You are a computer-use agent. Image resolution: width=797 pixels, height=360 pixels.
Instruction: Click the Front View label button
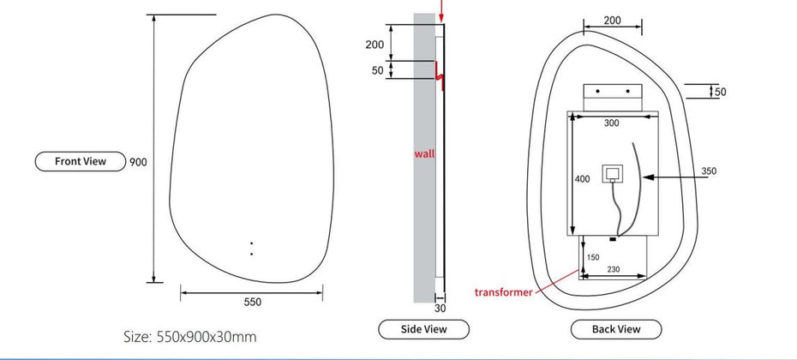pyautogui.click(x=81, y=161)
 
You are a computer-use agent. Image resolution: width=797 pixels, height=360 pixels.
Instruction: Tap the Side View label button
pyautogui.click(x=423, y=329)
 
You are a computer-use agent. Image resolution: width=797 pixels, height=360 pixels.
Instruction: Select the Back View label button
pyautogui.click(x=616, y=329)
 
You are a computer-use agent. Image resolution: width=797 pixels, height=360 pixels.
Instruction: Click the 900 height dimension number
pyautogui.click(x=138, y=162)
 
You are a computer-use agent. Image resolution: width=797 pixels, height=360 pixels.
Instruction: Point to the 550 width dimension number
pyautogui.click(x=252, y=302)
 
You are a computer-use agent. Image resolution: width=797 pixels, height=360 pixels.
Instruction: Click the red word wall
pyautogui.click(x=424, y=153)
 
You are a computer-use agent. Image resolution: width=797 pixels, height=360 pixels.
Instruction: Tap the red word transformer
pyautogui.click(x=503, y=292)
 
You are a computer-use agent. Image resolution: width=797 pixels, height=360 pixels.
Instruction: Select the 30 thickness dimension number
pyautogui.click(x=440, y=308)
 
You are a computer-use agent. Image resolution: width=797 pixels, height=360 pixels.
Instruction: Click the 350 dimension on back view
pyautogui.click(x=709, y=171)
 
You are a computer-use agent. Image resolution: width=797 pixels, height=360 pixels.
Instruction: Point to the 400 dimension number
pyautogui.click(x=582, y=179)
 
